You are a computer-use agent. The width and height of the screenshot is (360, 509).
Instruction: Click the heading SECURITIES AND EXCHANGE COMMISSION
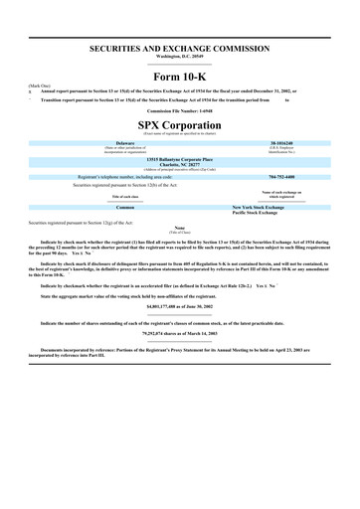coord(180,48)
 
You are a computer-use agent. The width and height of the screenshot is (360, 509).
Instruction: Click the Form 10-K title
coord(180,77)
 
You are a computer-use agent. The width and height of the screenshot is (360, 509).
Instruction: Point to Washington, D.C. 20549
coord(180,56)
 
